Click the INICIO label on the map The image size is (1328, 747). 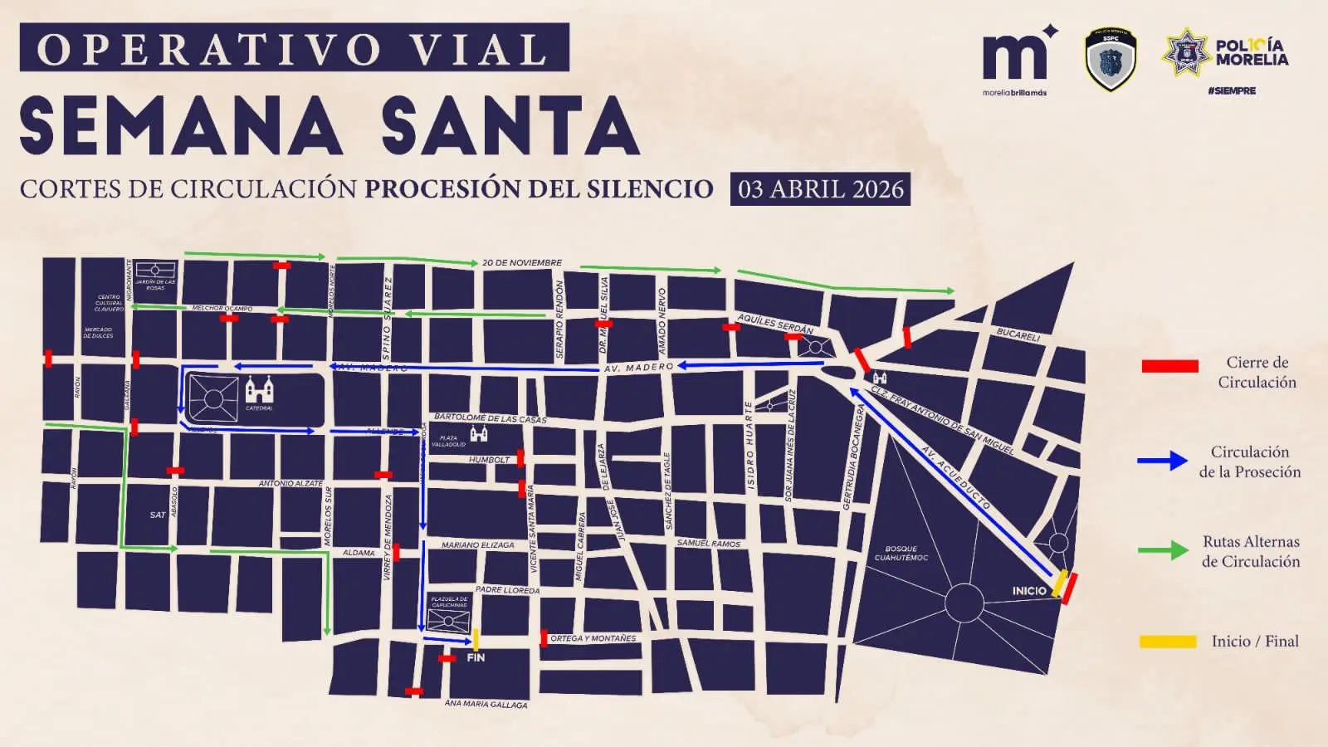1029,591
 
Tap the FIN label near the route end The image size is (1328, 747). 476,657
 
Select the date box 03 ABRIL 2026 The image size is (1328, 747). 820,189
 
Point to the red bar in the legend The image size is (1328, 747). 1170,366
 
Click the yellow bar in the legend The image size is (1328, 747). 1169,642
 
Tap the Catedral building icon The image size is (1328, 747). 259,389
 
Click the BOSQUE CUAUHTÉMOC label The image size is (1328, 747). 901,553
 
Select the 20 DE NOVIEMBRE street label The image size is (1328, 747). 522,263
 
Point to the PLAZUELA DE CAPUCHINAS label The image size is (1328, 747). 449,602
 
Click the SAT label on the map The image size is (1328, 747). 158,515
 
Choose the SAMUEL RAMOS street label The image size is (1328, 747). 708,544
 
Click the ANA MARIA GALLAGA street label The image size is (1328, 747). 486,704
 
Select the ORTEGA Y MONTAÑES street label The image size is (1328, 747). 593,638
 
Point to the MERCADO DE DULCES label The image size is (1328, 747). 98,333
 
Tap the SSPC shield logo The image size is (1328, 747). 1111,59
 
